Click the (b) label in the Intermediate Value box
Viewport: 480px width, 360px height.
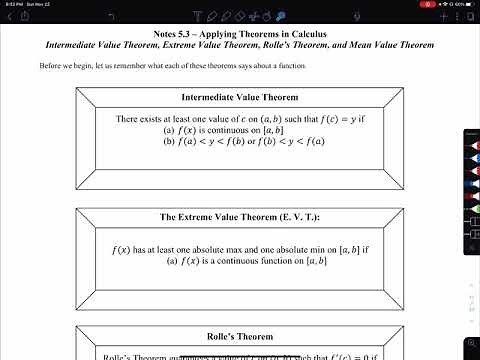click(x=169, y=141)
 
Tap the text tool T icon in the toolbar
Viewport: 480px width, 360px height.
click(x=174, y=15)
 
